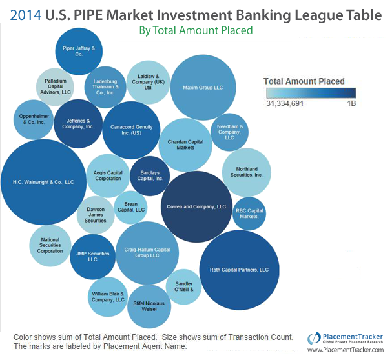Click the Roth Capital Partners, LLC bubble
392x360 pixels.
click(240, 270)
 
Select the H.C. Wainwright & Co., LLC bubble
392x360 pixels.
click(44, 182)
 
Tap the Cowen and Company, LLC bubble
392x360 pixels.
click(196, 206)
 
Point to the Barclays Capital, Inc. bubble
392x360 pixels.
click(150, 176)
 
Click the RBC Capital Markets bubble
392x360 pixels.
click(249, 214)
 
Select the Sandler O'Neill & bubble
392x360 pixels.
click(184, 286)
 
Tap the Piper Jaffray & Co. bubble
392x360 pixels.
click(79, 51)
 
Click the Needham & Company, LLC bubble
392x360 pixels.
click(230, 132)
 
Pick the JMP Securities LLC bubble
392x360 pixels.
click(92, 256)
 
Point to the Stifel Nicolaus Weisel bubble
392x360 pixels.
click(149, 306)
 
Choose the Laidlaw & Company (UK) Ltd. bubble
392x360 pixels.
click(149, 81)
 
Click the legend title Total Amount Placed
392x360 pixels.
click(304, 81)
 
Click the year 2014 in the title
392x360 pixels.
click(26, 14)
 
